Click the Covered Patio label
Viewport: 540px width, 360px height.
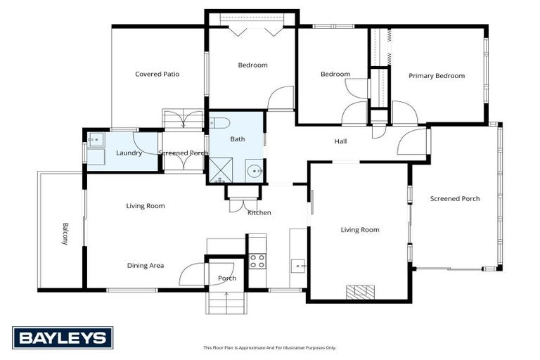point(157,74)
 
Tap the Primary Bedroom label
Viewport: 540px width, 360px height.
point(437,76)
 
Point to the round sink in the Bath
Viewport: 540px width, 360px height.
point(254,170)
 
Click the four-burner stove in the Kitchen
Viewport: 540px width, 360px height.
point(257,261)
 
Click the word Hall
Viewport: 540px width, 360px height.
point(340,141)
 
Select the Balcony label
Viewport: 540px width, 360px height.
point(65,233)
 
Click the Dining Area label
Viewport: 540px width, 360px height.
point(146,265)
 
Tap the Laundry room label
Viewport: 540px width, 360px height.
point(129,153)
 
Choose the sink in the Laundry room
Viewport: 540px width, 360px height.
point(96,139)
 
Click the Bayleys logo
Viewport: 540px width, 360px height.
point(63,337)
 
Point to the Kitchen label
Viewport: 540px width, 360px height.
point(259,212)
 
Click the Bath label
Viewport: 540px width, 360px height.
point(238,139)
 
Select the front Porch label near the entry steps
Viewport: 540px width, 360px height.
point(226,278)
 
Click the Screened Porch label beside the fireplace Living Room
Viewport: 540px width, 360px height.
point(455,199)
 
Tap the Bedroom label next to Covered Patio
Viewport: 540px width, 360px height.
point(252,65)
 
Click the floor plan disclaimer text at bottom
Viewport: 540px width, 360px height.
point(270,347)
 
